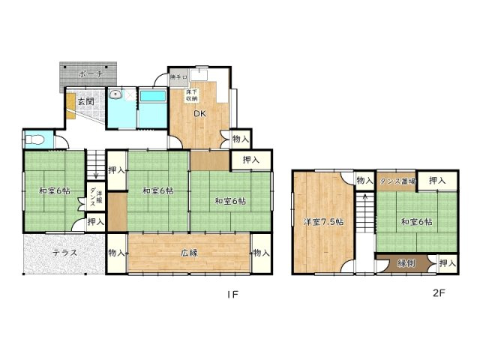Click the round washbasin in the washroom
(115, 95)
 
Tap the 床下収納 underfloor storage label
(191, 94)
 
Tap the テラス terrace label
(67, 253)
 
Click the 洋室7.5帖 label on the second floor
(323, 222)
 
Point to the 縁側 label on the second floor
(406, 263)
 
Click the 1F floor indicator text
(232, 295)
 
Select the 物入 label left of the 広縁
(116, 253)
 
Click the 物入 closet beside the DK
(240, 139)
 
